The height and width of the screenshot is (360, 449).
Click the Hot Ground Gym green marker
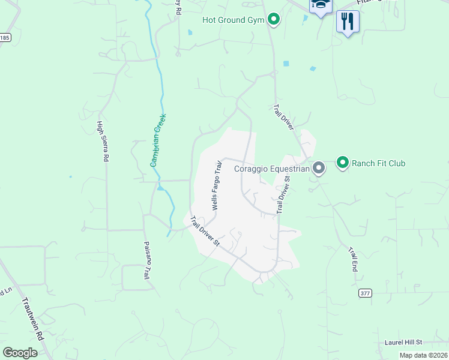click(x=274, y=20)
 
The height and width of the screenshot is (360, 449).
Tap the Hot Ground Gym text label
click(x=234, y=20)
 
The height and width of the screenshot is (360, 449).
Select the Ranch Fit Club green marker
click(x=343, y=163)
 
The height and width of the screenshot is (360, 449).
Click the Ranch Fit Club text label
click(x=378, y=163)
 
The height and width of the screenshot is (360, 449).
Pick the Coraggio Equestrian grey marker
click(x=319, y=169)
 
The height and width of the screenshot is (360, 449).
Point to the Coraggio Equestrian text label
click(x=272, y=169)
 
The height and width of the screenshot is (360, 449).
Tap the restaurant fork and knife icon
click(x=348, y=22)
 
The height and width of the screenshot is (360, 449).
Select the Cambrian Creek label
click(x=158, y=140)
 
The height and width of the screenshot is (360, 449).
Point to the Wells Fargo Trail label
click(x=217, y=184)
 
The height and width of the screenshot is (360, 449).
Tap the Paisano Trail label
click(x=145, y=260)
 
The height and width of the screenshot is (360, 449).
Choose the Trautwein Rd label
click(x=34, y=320)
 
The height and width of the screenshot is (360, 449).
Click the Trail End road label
click(x=352, y=259)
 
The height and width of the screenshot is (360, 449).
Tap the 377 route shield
click(x=365, y=293)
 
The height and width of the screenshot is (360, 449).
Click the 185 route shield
click(x=5, y=37)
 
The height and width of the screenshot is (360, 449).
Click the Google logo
click(x=20, y=352)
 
